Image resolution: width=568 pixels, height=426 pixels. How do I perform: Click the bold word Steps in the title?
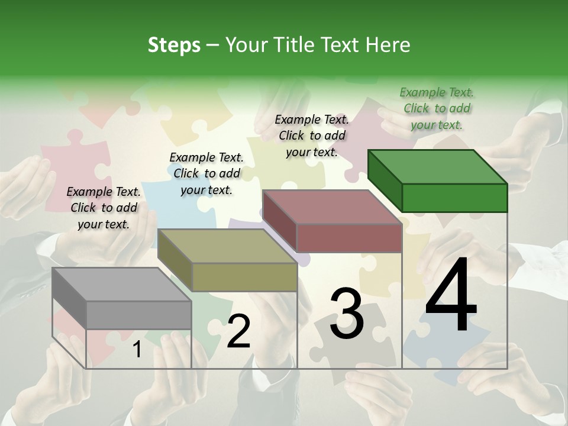(x=174, y=45)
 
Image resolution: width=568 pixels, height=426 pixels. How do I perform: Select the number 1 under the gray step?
(x=137, y=350)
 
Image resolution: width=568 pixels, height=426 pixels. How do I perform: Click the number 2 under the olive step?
(x=238, y=331)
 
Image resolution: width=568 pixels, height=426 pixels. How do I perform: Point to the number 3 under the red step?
(x=347, y=314)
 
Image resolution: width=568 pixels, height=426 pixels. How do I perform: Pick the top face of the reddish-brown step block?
(x=332, y=207)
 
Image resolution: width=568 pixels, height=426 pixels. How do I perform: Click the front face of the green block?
(x=454, y=198)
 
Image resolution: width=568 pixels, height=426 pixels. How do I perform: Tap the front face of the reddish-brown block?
(x=349, y=238)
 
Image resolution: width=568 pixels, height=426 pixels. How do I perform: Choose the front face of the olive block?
(x=244, y=277)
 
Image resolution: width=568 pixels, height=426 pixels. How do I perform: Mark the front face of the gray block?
(x=139, y=315)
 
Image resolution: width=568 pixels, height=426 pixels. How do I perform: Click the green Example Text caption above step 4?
(x=437, y=108)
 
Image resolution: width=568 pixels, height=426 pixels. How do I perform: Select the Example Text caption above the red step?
(x=312, y=135)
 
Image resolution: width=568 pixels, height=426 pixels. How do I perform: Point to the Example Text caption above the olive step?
(x=206, y=173)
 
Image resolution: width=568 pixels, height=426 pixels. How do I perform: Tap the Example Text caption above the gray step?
(x=104, y=208)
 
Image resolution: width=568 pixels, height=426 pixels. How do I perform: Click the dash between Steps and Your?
(x=213, y=45)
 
